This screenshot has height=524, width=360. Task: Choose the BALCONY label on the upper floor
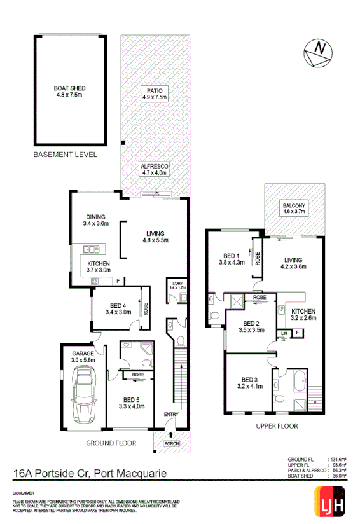pos(294,209)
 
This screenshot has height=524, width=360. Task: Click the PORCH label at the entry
pos(171,443)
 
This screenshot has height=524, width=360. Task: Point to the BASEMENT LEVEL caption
pos(66,155)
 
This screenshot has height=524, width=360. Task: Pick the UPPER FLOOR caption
pos(276,425)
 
